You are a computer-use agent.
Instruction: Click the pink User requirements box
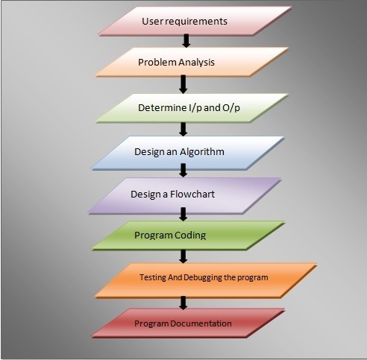tap(195, 22)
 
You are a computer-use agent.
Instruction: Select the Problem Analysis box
tap(192, 62)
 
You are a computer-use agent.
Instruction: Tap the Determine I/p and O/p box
tap(192, 108)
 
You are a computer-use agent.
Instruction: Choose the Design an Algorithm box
tap(188, 153)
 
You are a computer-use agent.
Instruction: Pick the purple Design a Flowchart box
tap(185, 196)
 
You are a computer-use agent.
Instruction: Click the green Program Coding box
tap(188, 236)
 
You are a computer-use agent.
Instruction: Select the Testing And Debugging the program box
tap(206, 280)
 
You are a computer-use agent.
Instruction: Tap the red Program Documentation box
tap(188, 323)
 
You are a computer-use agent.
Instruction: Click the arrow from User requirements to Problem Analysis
tap(186, 41)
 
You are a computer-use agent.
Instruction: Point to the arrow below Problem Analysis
tap(183, 84)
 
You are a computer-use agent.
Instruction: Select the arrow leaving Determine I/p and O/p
tap(183, 129)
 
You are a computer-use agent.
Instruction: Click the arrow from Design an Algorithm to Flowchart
tap(183, 170)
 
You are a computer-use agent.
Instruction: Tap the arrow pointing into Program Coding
tap(183, 214)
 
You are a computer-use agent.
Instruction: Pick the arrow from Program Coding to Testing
tap(183, 256)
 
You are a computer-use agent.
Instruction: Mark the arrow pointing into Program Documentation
tap(183, 303)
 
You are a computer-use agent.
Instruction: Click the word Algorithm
tap(202, 152)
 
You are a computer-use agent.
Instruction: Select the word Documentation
tap(201, 323)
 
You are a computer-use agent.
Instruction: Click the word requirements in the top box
tap(196, 22)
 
